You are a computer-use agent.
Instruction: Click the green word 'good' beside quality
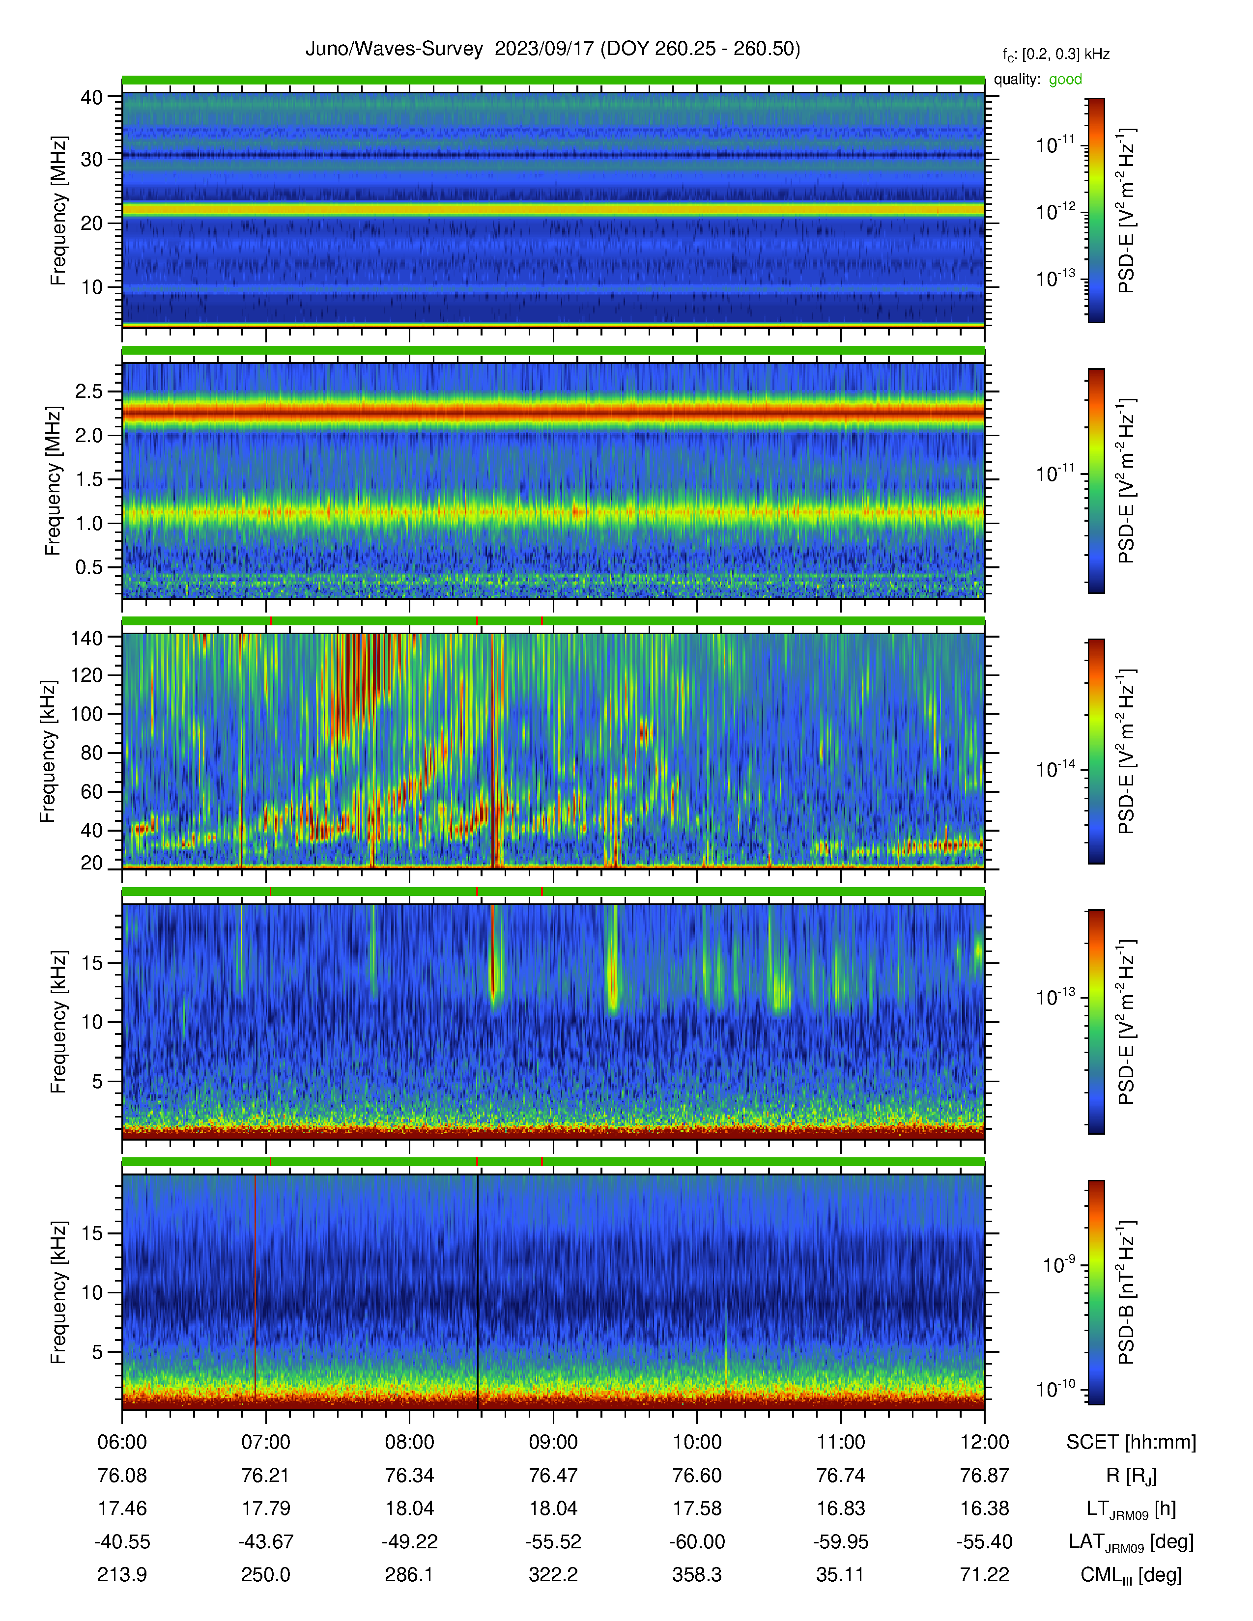[x=1065, y=80]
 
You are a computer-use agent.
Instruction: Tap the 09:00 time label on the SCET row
[x=553, y=1442]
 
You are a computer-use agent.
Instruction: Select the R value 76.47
[x=553, y=1476]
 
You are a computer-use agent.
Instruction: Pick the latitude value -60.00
[x=697, y=1541]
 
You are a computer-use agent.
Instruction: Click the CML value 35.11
[x=840, y=1575]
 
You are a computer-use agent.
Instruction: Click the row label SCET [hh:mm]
[x=1131, y=1442]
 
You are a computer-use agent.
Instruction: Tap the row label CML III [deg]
[x=1131, y=1575]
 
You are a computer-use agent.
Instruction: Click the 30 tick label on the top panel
[x=91, y=160]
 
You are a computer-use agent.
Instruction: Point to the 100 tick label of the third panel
[x=86, y=714]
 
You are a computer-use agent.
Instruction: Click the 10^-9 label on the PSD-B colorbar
[x=1058, y=1263]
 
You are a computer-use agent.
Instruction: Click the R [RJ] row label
[x=1131, y=1476]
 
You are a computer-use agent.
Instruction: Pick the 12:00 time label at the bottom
[x=984, y=1442]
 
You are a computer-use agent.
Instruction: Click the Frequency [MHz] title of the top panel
[x=58, y=211]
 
